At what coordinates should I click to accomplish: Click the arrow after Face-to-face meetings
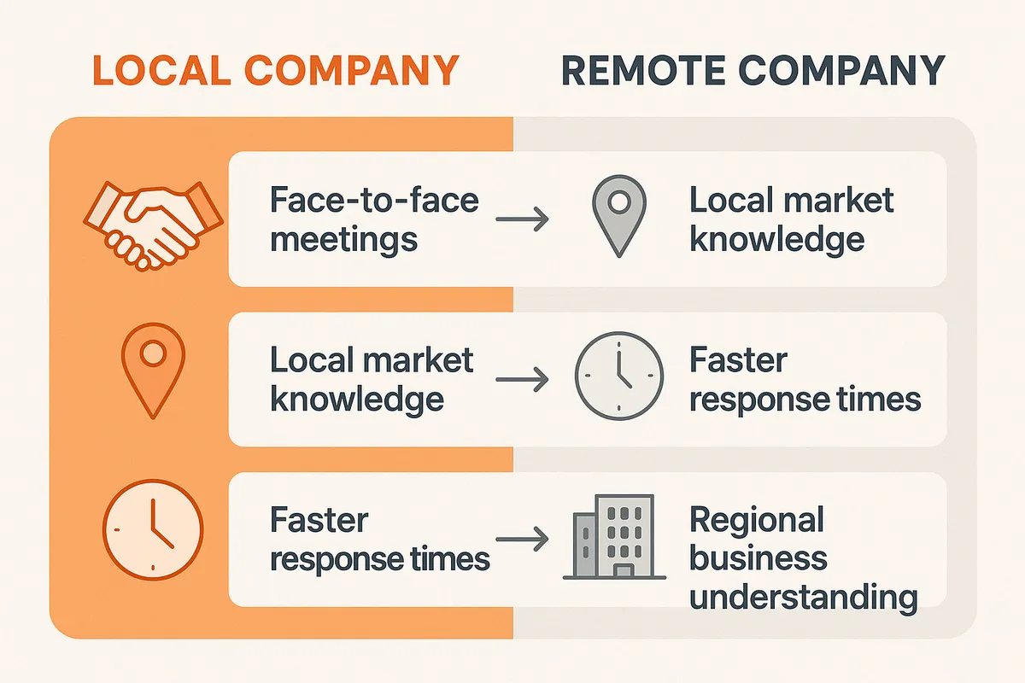pos(522,221)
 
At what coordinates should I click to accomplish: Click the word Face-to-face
pos(374,201)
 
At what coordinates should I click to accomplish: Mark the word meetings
pos(343,239)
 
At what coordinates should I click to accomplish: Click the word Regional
pos(756,520)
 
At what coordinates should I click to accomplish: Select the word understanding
pos(803,596)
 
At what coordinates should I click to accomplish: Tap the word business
pos(758,558)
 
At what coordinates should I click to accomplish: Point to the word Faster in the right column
pos(737,360)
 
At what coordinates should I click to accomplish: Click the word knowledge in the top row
pos(776,239)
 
